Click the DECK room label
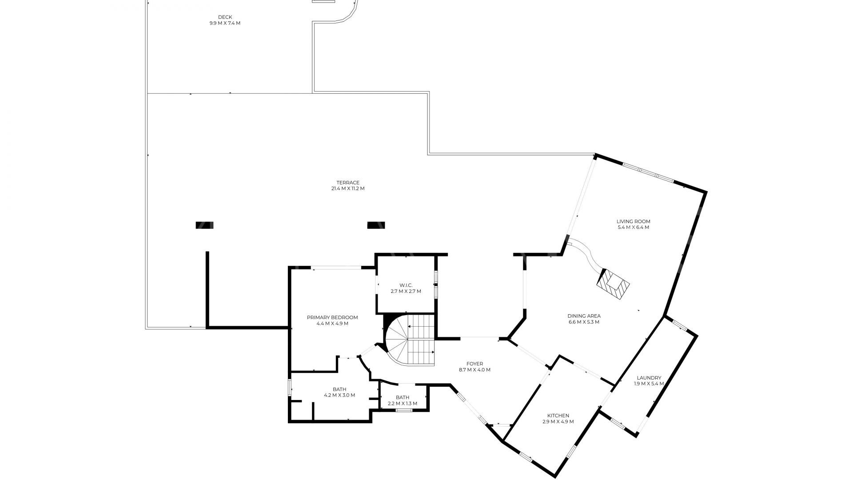click(x=225, y=17)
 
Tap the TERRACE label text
click(x=348, y=183)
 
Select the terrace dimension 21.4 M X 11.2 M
click(x=348, y=188)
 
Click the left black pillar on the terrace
click(x=204, y=225)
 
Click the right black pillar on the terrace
click(x=376, y=225)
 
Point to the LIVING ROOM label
click(x=633, y=221)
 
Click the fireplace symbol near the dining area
click(x=614, y=285)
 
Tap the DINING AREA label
click(x=584, y=316)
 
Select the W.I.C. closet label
click(x=406, y=285)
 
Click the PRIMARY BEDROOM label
click(x=332, y=317)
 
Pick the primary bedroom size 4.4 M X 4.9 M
click(x=332, y=324)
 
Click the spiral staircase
click(x=409, y=340)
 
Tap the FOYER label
click(x=474, y=364)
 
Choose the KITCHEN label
click(x=558, y=416)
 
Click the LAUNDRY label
click(x=649, y=378)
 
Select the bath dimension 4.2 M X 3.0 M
click(x=339, y=395)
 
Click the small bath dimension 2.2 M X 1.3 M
click(x=403, y=404)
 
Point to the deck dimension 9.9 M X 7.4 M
click(x=225, y=23)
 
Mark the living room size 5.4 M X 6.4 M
click(x=633, y=228)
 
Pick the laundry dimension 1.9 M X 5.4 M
click(x=649, y=384)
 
